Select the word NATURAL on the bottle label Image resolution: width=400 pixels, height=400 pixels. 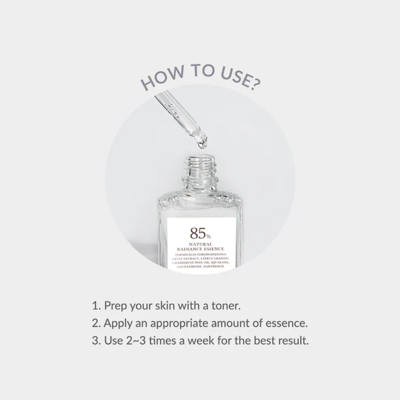[200, 244]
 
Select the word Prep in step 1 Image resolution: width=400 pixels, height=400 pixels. [114, 306]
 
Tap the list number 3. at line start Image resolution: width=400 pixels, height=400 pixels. [96, 341]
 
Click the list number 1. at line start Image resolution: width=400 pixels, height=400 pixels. [96, 306]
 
